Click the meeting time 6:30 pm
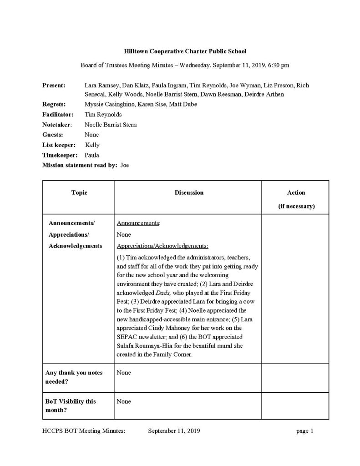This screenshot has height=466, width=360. tap(279, 65)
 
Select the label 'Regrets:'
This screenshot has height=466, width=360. tap(54, 104)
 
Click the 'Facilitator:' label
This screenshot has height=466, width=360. tap(58, 114)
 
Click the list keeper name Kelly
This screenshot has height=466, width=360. tap(92, 145)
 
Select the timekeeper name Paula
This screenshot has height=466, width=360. tap(92, 155)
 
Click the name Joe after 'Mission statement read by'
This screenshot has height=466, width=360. tap(125, 165)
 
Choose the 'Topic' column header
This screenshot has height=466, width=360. tap(79, 192)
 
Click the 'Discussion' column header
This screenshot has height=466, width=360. tap(189, 192)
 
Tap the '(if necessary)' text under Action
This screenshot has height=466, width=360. tap(296, 206)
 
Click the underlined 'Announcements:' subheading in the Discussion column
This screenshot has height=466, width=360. tap(139, 224)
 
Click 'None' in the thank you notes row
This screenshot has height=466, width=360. tap(124, 373)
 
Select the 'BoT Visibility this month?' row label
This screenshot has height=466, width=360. tap(71, 406)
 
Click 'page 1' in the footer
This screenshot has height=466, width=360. tap(304, 431)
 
